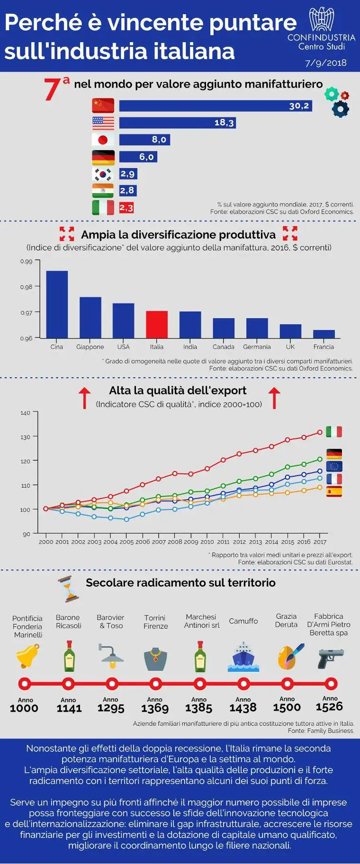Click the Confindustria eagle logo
(x=321, y=20)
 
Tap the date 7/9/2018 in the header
(x=325, y=62)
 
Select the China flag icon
(x=103, y=105)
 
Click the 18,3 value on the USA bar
(x=224, y=123)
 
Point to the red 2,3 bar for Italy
(x=126, y=207)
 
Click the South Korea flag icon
(x=103, y=174)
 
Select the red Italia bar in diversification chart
(x=156, y=324)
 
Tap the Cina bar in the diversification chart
(x=57, y=304)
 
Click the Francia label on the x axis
(x=324, y=347)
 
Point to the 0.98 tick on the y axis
(x=26, y=286)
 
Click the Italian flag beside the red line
(x=334, y=431)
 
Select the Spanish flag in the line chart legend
(x=334, y=491)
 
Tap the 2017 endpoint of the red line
(x=320, y=432)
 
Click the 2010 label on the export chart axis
(x=207, y=542)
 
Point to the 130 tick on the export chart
(x=25, y=437)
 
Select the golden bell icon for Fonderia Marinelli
(x=27, y=656)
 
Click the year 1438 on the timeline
(x=243, y=708)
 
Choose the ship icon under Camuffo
(x=243, y=657)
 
